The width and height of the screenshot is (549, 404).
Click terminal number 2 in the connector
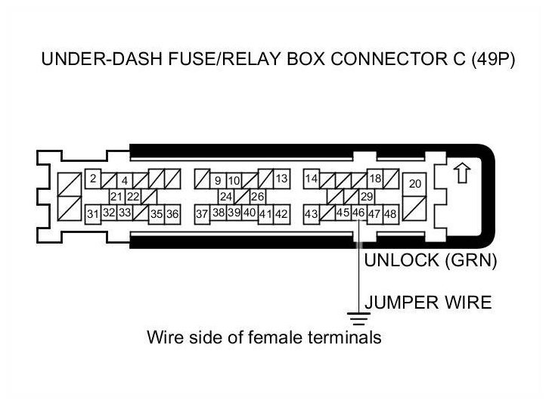click(92, 179)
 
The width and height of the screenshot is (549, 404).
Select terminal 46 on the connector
click(358, 213)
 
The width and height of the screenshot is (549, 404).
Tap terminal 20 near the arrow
click(414, 184)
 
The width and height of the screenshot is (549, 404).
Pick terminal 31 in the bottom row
click(92, 214)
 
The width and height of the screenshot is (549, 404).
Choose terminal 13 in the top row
click(281, 179)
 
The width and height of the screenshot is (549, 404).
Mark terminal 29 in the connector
click(368, 197)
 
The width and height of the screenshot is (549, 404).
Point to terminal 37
click(201, 214)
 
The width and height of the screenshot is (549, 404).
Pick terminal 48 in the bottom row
click(390, 214)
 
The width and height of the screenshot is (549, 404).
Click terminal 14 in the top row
click(311, 179)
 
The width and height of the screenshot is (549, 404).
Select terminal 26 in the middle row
click(257, 197)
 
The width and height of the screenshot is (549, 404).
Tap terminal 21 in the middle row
click(116, 197)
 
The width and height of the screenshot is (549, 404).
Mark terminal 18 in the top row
click(374, 179)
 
